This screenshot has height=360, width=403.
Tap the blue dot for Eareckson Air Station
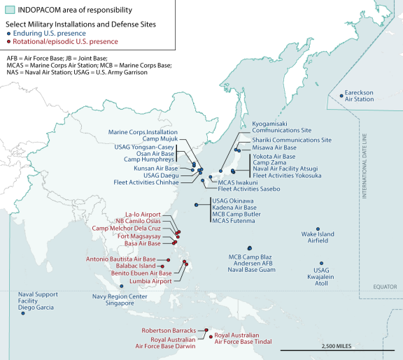pyautogui.click(x=341, y=95)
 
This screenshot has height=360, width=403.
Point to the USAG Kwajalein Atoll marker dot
pyautogui.click(x=321, y=263)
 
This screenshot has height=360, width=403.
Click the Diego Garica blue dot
pyautogui.click(x=23, y=314)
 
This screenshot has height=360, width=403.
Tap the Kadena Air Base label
pyautogui.click(x=234, y=208)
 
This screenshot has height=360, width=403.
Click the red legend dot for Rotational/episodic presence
pyautogui.click(x=8, y=41)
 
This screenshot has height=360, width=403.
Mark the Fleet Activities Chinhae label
pyautogui.click(x=146, y=182)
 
